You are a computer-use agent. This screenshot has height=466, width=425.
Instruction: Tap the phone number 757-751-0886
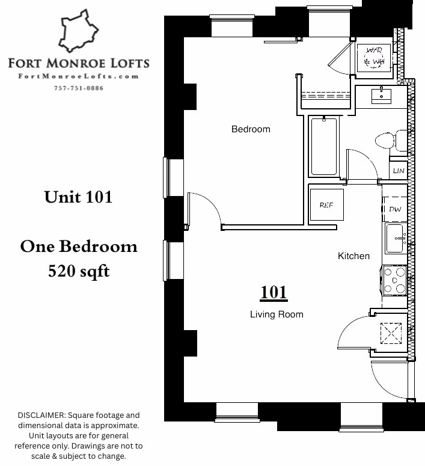coord(79,88)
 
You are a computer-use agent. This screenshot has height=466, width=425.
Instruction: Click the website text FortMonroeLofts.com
coord(79,76)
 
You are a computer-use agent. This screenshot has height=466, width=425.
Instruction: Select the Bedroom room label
coord(251,129)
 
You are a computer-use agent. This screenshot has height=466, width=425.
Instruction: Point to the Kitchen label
coord(353,256)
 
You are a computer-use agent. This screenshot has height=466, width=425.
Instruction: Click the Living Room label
coord(277,314)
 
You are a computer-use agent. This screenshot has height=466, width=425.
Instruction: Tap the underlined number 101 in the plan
coord(274,293)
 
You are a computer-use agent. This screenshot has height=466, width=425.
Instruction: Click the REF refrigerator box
coord(326,205)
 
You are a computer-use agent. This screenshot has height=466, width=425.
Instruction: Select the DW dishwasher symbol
coord(395,209)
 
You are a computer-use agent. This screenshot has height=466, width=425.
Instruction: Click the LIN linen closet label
coord(399,171)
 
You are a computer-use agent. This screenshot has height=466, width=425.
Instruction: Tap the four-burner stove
coord(394,280)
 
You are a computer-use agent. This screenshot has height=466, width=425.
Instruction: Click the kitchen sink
coord(396,238)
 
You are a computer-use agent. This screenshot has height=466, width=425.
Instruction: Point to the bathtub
coord(324,146)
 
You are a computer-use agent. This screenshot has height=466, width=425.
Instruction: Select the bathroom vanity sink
coord(381,96)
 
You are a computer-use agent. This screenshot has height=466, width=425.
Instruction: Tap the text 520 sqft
coord(79,272)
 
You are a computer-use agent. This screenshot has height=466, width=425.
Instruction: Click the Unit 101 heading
coord(78,197)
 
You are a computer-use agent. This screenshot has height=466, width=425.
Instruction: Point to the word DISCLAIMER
coord(41,415)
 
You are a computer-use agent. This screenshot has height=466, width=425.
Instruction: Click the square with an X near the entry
coord(391,333)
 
